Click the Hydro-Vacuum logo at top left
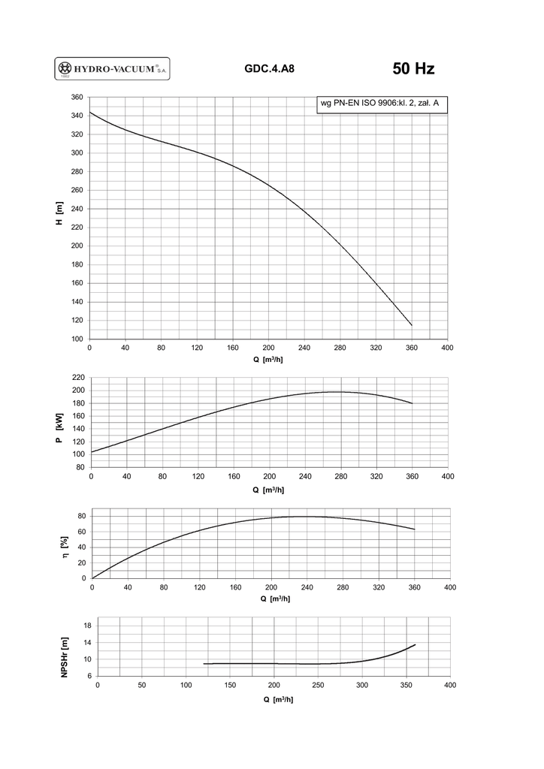pos(113,69)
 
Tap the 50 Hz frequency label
pos(413,69)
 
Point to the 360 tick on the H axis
pos(77,98)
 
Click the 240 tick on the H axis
pos(77,209)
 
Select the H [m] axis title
pos(59,218)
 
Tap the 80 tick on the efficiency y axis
pos(82,516)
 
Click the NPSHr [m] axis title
pos(65,658)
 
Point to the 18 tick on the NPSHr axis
pos(87,626)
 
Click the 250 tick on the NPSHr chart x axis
pos(318,685)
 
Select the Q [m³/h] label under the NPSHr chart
pos(277,699)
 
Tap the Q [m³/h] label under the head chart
pos(268,359)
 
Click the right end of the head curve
pos(412,325)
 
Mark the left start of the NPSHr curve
pos(204,664)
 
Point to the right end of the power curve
pos(413,403)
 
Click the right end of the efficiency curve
pos(414,529)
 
